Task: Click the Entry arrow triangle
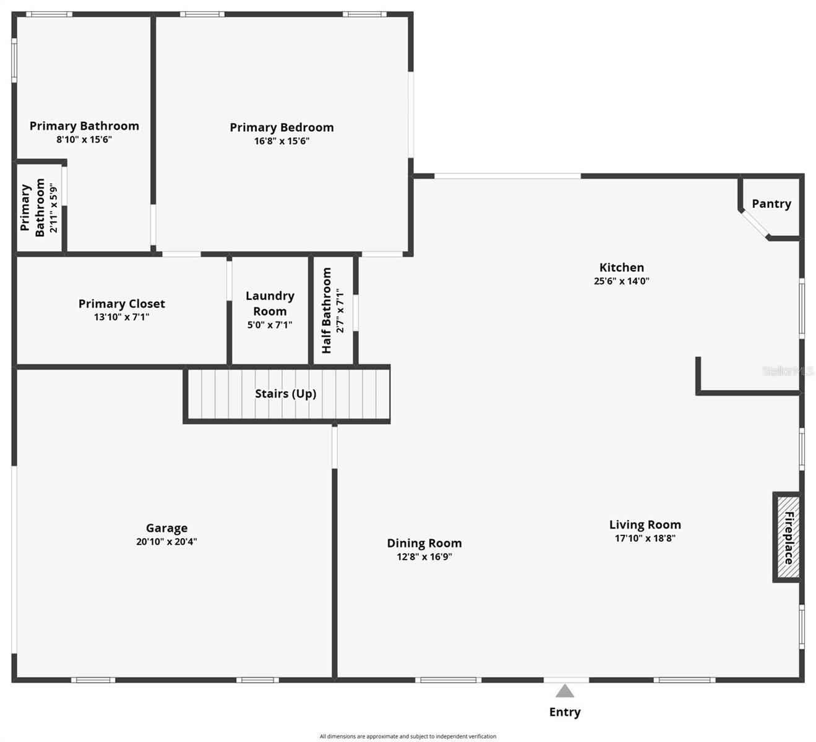click(x=564, y=691)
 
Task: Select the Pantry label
click(x=771, y=203)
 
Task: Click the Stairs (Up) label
click(x=285, y=393)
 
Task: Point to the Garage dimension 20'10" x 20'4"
click(x=166, y=542)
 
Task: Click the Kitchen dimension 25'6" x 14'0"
click(x=621, y=281)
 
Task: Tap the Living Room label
click(x=645, y=524)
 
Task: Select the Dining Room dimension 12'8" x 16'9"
click(x=424, y=556)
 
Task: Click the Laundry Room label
click(x=270, y=303)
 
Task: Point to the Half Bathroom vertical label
click(x=327, y=310)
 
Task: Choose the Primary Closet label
click(x=121, y=304)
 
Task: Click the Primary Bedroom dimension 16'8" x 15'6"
click(x=281, y=141)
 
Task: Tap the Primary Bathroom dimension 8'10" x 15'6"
click(x=84, y=140)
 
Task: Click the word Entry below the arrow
click(x=565, y=712)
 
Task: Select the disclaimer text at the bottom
click(x=408, y=736)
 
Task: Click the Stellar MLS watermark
click(x=787, y=371)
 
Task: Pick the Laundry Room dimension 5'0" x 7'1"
click(x=270, y=325)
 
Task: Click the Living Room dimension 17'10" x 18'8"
click(x=645, y=538)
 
